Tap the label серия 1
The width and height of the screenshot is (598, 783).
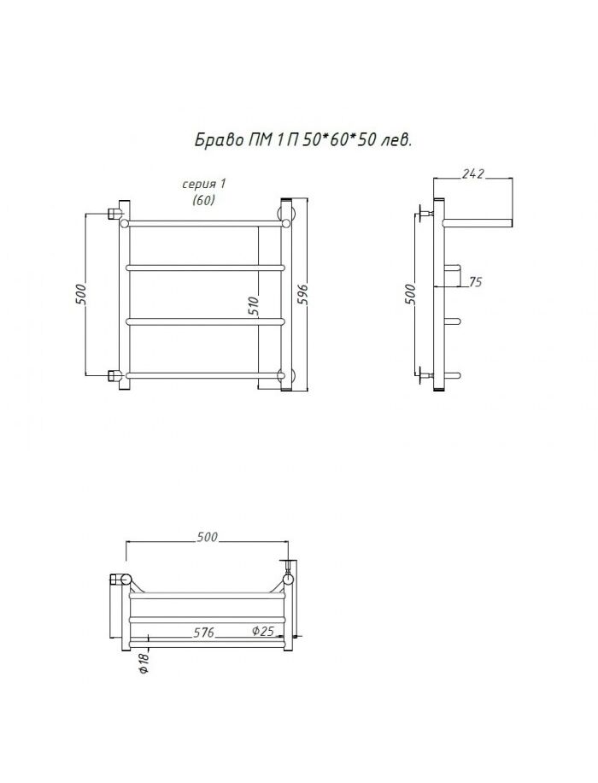(203, 184)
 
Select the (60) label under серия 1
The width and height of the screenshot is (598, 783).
(203, 200)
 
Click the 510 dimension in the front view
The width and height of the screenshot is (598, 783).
(254, 307)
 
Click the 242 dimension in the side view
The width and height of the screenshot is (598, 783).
(472, 174)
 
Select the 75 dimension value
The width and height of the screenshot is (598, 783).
(476, 282)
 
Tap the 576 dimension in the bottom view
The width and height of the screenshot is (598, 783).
(203, 633)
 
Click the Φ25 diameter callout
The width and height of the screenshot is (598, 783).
(262, 631)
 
